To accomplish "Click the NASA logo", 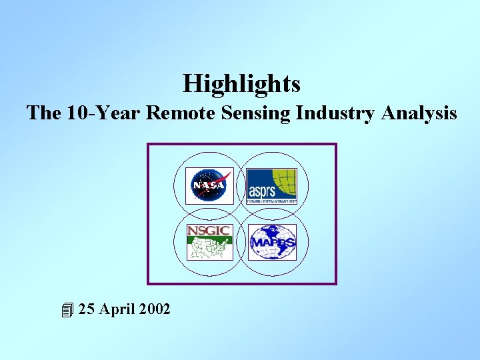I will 209,185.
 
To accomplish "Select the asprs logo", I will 271,185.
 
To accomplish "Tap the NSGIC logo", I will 209,242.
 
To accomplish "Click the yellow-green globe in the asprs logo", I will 285,181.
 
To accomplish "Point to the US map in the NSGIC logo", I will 209,249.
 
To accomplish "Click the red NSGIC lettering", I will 209,231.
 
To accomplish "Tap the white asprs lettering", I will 263,192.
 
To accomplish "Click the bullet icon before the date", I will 66,310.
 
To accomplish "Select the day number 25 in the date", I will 86,309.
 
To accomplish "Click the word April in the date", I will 117,310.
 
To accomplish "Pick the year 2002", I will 154,309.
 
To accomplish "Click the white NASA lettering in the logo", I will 207,185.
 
